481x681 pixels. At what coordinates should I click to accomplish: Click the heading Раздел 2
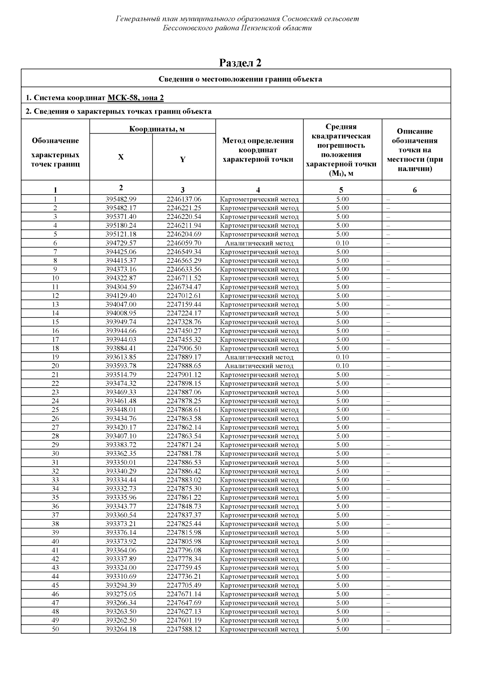240,63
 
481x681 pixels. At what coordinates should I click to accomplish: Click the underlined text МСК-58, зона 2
135,98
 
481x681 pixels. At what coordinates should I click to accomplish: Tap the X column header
121,157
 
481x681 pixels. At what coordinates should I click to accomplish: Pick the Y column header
183,159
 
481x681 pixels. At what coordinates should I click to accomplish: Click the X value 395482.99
121,199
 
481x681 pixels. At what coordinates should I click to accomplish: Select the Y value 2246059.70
184,243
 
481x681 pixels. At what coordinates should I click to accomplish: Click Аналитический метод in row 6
259,243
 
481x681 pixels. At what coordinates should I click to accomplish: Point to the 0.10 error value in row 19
342,357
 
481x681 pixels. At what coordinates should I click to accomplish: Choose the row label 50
55,629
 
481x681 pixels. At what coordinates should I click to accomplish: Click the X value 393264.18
121,629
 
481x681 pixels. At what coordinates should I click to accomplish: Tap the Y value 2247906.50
184,348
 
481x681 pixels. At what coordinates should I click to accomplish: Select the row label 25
55,410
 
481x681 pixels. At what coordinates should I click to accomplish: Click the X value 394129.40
121,296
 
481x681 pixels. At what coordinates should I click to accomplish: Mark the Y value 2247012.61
184,296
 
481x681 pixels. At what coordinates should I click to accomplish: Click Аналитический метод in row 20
259,366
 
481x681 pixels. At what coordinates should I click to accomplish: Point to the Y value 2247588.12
184,629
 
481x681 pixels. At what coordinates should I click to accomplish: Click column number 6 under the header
415,190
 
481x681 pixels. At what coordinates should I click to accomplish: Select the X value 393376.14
121,533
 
